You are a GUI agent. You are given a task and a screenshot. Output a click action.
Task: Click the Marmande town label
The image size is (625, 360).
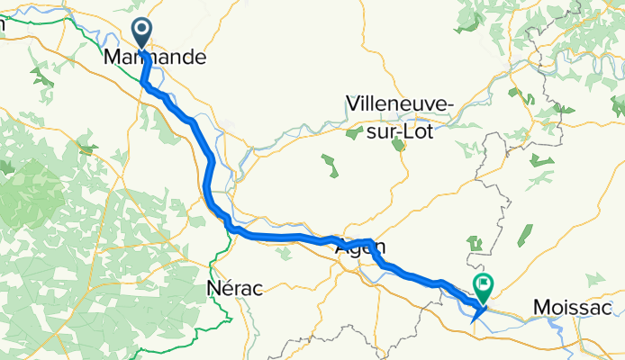pos(155,58)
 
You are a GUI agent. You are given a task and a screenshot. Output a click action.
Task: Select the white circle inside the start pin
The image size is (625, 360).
pos(143,29)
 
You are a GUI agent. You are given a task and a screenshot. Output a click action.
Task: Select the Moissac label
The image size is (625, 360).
pos(577,308)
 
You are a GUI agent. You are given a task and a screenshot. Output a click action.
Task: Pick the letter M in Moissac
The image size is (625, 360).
pos(540,308)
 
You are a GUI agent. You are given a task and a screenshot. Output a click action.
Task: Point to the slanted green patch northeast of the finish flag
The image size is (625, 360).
pos(524,235)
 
